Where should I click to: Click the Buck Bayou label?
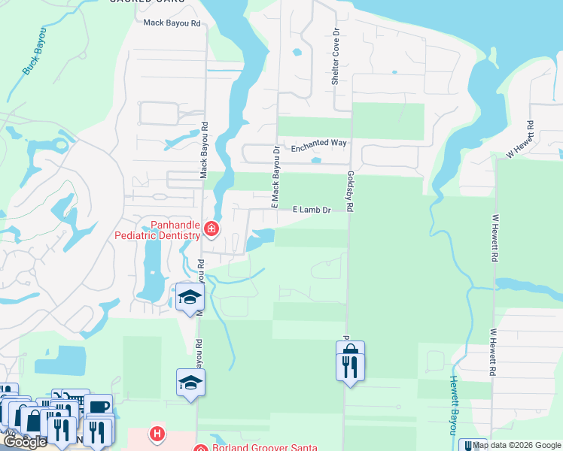pos(35,50)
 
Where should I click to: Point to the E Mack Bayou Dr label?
pos(276,167)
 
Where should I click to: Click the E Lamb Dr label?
pos(312,210)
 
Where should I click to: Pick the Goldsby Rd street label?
pos(350,189)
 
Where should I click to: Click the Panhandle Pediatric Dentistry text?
pos(158,229)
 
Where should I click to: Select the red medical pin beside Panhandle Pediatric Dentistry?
pos(212,229)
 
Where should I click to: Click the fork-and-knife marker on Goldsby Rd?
pos(350,367)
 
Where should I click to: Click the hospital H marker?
pos(157,434)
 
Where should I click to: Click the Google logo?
pos(26,442)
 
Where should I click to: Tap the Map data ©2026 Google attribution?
pos(517,445)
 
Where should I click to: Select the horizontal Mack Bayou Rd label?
pos(172,24)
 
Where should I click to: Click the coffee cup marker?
pos(98,406)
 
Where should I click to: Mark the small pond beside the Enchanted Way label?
pos(316,159)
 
